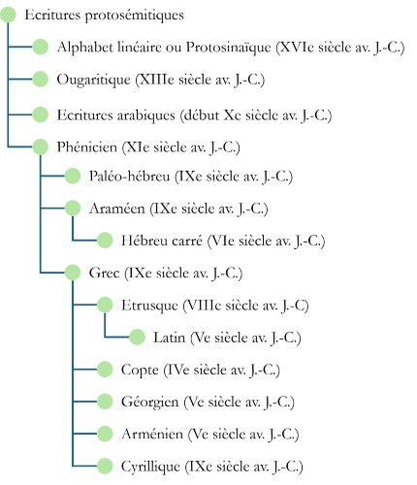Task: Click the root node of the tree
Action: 8,15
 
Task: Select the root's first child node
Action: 40,47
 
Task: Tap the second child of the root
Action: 40,79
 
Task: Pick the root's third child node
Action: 40,114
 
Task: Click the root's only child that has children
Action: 40,146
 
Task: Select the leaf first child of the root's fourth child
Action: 73,176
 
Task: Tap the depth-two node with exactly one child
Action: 73,208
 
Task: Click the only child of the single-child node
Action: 105,240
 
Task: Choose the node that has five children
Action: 73,273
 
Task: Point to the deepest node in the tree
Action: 137,337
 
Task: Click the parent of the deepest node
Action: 105,305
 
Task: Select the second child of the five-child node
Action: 105,370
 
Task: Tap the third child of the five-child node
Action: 105,402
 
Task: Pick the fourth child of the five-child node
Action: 105,434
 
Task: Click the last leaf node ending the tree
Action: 105,467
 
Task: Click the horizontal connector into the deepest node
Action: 117,337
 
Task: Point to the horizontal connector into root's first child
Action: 20,47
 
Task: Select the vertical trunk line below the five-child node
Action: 73,388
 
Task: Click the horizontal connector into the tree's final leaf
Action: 85,467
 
